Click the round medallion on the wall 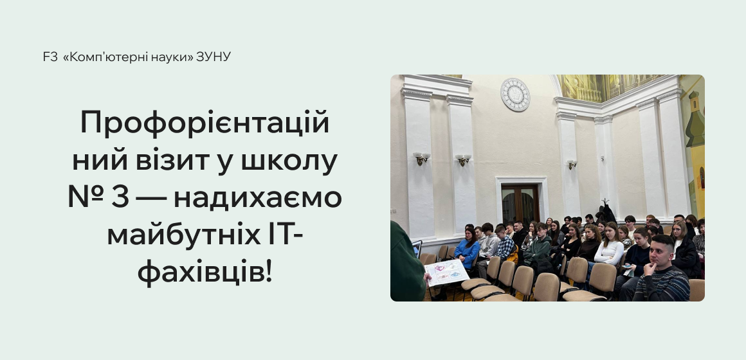(515, 94)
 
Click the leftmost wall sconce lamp (421, 157)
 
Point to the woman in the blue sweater (468, 248)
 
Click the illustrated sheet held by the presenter (446, 273)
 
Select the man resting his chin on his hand (660, 270)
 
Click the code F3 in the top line (50, 57)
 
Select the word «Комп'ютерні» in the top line (95, 57)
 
